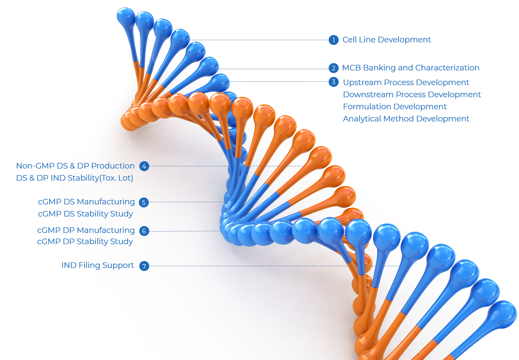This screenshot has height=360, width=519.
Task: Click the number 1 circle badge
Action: click(x=333, y=40)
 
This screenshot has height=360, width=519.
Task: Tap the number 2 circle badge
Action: click(x=333, y=68)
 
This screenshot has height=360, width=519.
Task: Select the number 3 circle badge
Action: click(x=333, y=82)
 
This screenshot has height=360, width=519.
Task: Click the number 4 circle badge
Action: click(x=144, y=166)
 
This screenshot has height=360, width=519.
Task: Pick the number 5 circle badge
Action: click(x=144, y=202)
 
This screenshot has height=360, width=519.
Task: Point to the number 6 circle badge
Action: click(x=144, y=231)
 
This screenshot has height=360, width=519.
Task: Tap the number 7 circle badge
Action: click(x=144, y=266)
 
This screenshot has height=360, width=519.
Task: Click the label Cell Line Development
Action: click(x=387, y=40)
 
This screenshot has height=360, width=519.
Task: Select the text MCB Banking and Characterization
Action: click(x=410, y=68)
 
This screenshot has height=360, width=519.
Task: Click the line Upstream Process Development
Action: click(x=406, y=83)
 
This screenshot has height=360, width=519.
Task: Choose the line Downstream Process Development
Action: click(x=412, y=95)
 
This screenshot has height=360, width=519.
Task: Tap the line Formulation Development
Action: click(x=394, y=106)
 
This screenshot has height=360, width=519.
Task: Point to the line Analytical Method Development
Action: click(x=406, y=118)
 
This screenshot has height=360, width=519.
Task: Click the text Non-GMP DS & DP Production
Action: click(x=75, y=166)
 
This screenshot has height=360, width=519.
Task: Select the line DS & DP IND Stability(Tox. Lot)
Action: click(x=74, y=178)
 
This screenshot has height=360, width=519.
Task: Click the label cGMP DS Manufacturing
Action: click(x=86, y=202)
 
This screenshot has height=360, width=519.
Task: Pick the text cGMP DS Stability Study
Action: click(x=86, y=213)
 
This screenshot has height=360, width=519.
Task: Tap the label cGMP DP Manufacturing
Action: click(x=86, y=230)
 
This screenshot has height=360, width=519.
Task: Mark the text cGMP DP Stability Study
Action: click(x=85, y=242)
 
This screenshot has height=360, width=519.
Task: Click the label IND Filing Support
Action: click(x=98, y=265)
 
